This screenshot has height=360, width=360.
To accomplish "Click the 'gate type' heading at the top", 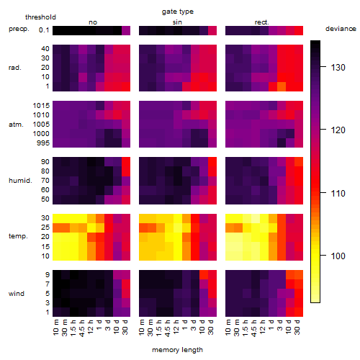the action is click(178, 12).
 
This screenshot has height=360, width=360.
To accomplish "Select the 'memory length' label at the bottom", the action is click(177, 350).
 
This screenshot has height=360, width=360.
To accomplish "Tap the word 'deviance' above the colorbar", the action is click(341, 29).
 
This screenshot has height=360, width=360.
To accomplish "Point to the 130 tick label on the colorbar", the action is click(338, 68).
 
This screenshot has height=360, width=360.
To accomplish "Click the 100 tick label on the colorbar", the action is click(338, 256).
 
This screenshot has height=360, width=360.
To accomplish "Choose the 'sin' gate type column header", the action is click(177, 22).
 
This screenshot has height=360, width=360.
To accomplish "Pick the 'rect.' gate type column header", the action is click(261, 22).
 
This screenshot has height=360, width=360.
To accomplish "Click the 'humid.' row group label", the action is click(20, 181).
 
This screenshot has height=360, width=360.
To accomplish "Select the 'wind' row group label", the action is click(17, 294).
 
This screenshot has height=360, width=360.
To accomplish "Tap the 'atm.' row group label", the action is click(16, 125).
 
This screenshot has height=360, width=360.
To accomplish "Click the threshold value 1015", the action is click(41, 106).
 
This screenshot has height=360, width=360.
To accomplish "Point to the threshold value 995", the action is click(43, 143).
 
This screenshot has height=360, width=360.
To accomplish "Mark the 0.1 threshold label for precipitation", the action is click(44, 30).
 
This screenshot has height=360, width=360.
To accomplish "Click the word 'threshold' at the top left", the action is click(40, 17).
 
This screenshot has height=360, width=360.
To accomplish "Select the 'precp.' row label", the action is click(19, 29).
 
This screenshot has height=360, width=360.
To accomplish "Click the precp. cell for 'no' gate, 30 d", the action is click(126, 30).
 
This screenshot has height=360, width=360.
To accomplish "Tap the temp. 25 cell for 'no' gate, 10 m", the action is click(57, 228).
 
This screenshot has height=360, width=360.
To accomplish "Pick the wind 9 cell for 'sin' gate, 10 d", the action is click(204, 275).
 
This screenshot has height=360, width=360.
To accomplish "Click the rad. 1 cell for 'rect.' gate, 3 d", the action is click(282, 86).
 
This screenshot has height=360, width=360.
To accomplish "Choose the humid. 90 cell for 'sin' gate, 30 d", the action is click(212, 162).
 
